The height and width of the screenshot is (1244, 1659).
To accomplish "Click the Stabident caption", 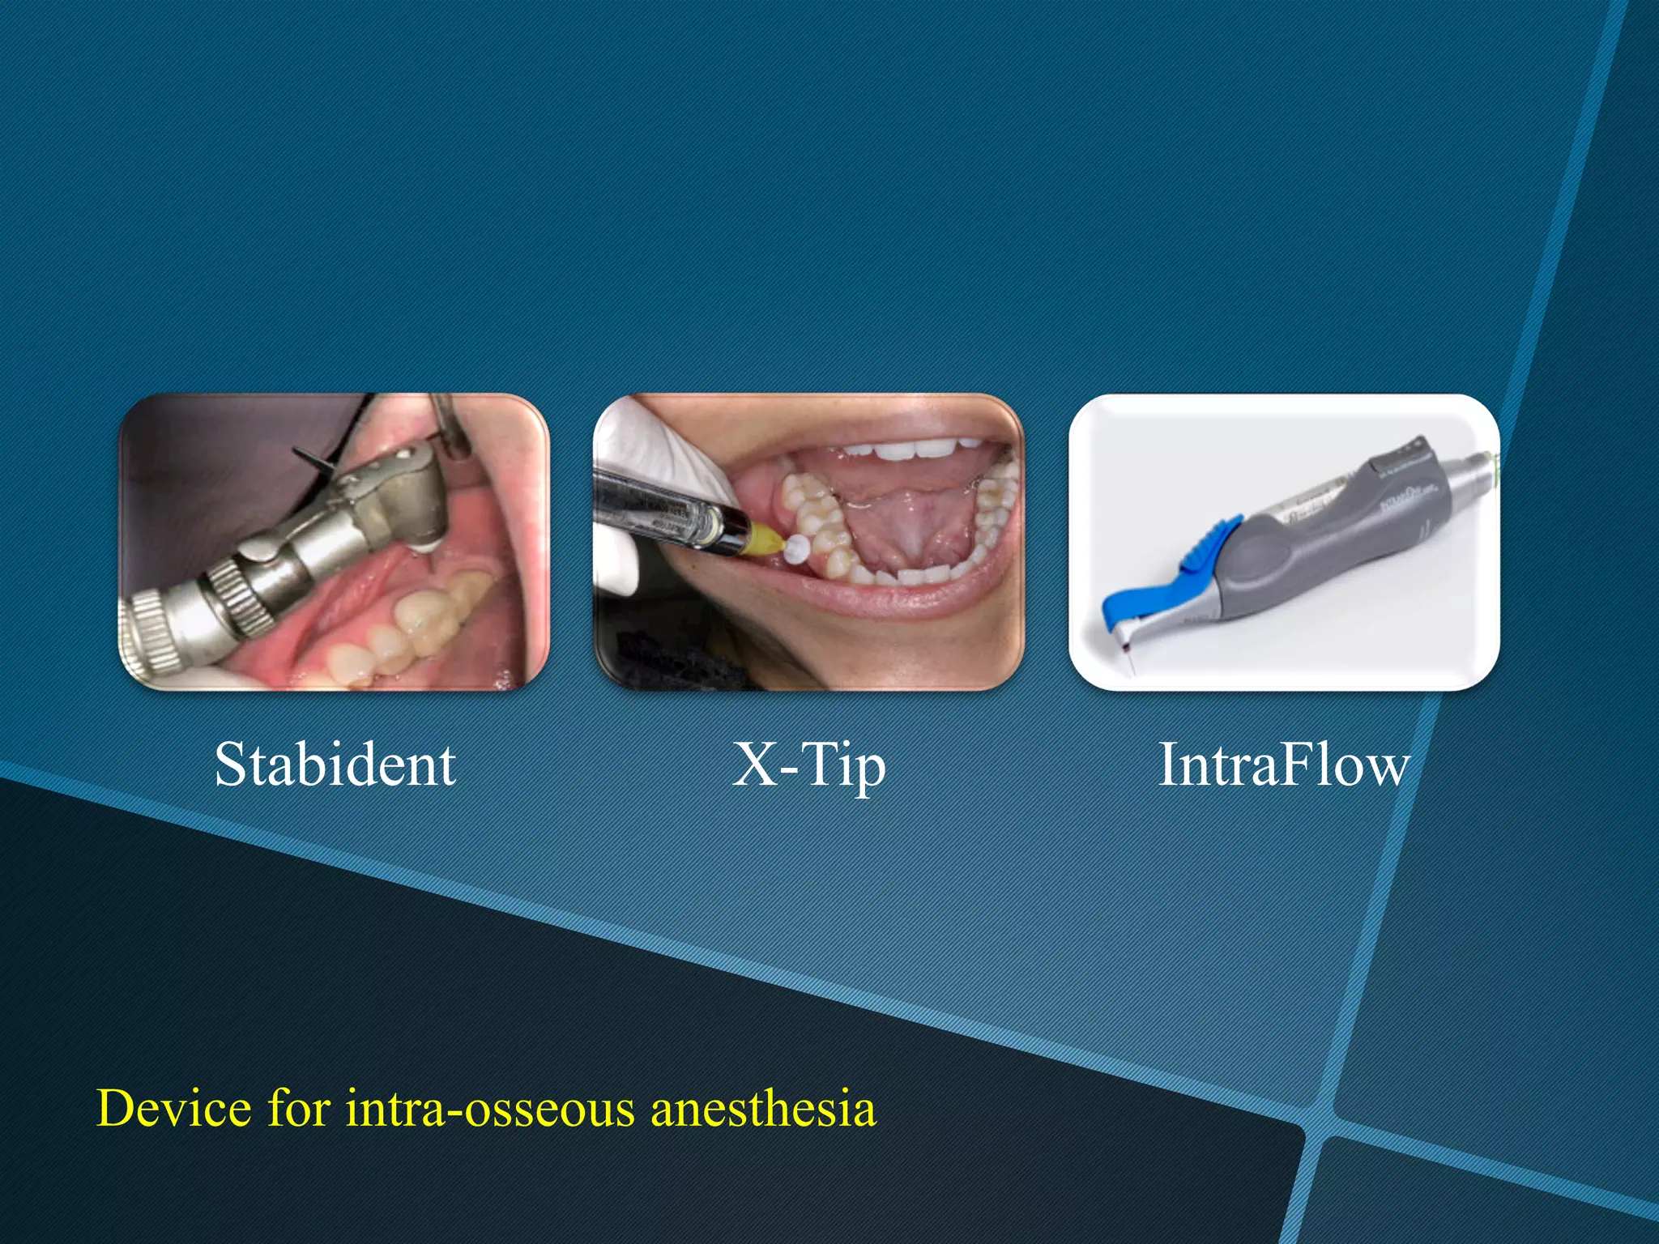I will coord(335,765).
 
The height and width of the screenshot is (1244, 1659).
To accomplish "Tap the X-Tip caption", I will coord(808,765).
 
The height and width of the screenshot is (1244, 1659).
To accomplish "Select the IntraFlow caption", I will coord(1284,765).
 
